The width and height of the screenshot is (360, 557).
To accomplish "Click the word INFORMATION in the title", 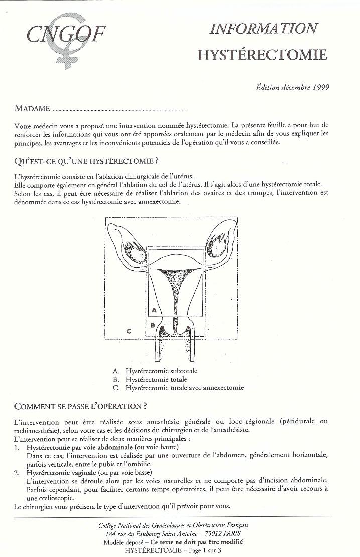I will (x=264, y=29).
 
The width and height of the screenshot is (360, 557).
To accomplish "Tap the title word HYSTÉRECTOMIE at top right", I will (x=262, y=54).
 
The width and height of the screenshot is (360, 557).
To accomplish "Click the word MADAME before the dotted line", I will (x=32, y=108).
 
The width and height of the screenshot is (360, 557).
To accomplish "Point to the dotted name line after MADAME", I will (x=119, y=109).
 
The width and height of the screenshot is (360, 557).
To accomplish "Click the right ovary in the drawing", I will (x=218, y=245).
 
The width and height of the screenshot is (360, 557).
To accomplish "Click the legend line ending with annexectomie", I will (x=178, y=388).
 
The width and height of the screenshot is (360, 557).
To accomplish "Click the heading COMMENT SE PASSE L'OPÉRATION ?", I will (x=80, y=406).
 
